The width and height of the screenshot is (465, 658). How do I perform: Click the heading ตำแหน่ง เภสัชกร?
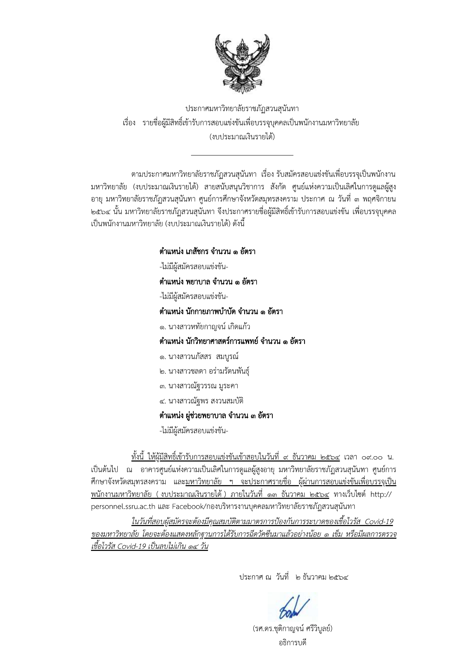pyautogui.click(x=207, y=252)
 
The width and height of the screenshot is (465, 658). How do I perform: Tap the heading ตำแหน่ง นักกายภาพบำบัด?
pyautogui.click(x=221, y=311)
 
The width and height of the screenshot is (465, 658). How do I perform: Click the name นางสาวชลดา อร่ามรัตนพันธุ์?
pyautogui.click(x=205, y=371)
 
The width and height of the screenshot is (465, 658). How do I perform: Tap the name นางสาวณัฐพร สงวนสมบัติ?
pyautogui.click(x=202, y=401)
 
